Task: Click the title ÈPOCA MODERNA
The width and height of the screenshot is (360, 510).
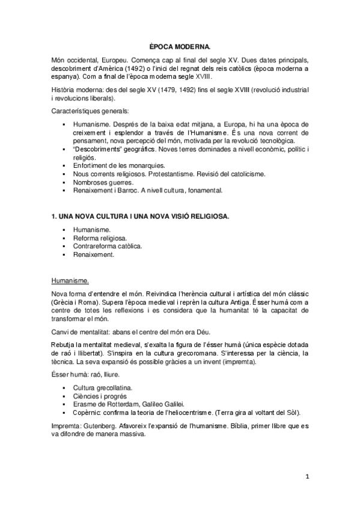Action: point(180,46)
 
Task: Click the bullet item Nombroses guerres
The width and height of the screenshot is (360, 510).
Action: point(102,182)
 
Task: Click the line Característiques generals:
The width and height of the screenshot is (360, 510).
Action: point(90,111)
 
